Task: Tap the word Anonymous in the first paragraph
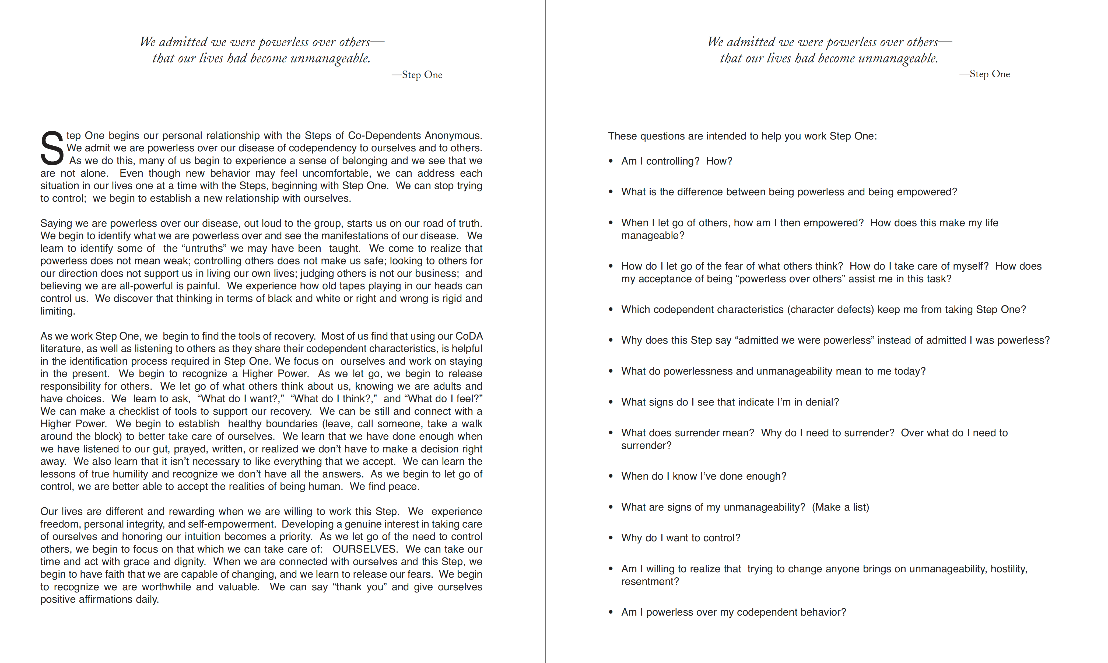(x=453, y=135)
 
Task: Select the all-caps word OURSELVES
(x=364, y=549)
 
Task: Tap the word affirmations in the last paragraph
(x=106, y=599)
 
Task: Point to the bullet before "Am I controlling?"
(x=611, y=161)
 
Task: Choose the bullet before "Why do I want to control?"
(x=611, y=538)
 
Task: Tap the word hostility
(x=1008, y=569)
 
